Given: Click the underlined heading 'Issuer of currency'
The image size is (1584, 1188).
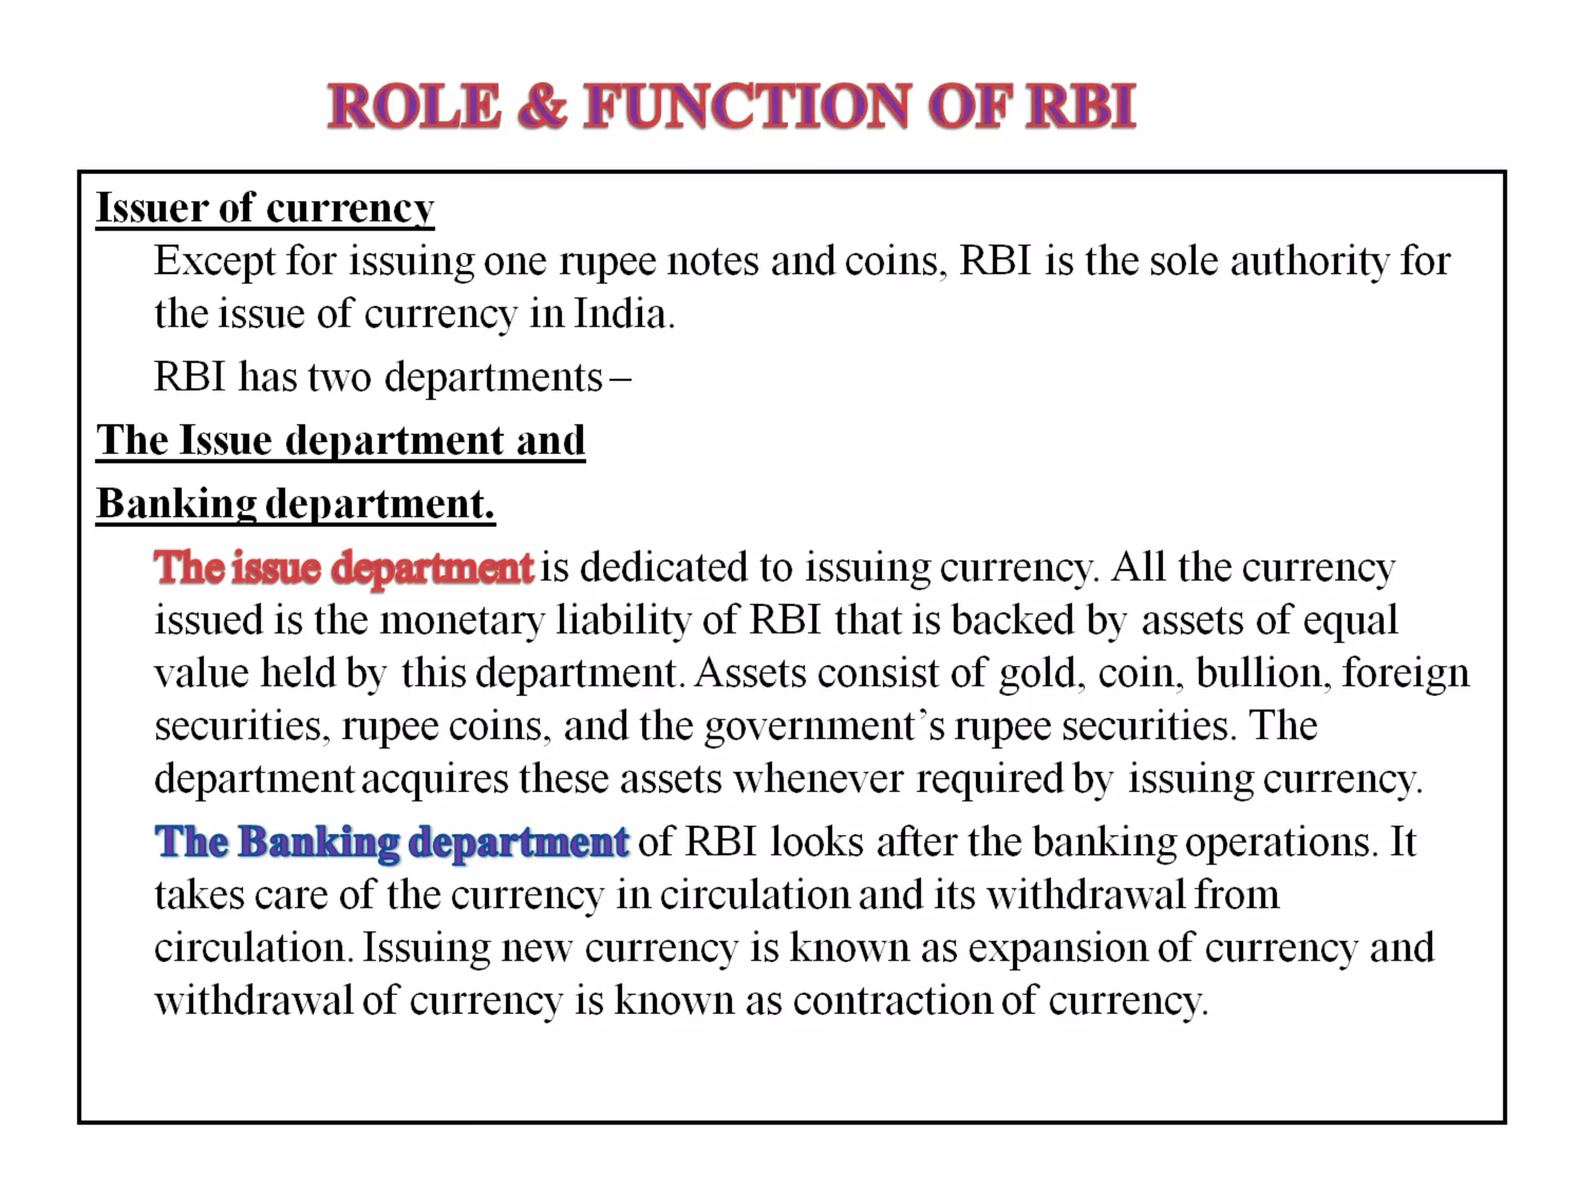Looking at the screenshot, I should [265, 208].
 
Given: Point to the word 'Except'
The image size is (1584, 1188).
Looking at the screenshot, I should [214, 261].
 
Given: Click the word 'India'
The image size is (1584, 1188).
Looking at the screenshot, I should [620, 314].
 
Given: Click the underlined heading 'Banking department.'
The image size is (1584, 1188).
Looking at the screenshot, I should [295, 504].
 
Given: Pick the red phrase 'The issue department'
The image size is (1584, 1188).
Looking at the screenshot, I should [343, 568].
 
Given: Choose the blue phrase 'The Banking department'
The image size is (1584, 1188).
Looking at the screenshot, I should [391, 841].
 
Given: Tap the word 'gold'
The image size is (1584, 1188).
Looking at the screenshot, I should [1037, 673].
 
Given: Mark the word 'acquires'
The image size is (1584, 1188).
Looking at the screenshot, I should [435, 779].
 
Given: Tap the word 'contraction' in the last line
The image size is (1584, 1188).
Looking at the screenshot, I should [892, 1001].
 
